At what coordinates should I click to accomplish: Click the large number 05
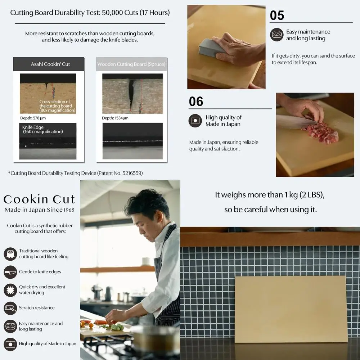(277, 15)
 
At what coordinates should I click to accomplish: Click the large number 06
(196, 102)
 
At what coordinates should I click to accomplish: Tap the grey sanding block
(211, 48)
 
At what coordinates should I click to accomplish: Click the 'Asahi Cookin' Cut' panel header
(49, 64)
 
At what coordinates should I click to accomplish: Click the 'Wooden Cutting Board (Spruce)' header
(131, 64)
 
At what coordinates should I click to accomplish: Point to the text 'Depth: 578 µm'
(33, 118)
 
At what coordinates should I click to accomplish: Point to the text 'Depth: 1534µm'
(115, 118)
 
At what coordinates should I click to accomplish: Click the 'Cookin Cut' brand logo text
(39, 199)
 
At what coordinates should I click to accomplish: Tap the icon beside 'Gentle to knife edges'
(10, 272)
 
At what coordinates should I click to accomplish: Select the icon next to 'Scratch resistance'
(10, 308)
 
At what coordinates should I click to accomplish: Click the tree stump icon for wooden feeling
(10, 254)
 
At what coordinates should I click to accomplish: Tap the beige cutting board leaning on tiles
(291, 309)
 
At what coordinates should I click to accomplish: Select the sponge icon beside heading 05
(277, 35)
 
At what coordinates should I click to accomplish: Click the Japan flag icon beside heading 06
(195, 121)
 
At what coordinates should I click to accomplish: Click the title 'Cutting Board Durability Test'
(90, 13)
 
